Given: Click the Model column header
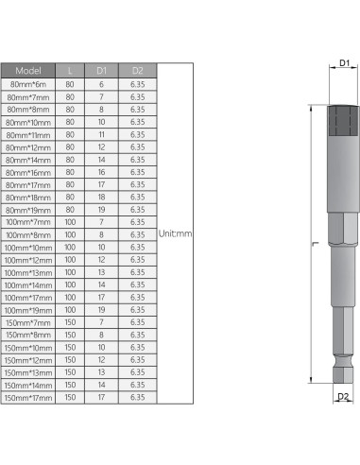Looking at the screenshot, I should [x=28, y=71].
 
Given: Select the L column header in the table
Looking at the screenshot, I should [x=70, y=71].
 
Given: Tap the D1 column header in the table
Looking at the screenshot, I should [x=102, y=71].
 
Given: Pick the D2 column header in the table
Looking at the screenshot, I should [x=136, y=71].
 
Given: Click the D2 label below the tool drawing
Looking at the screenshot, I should [x=344, y=398].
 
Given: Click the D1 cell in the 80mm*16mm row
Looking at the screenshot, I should [x=102, y=172].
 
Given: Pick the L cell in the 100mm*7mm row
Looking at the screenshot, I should [x=70, y=221].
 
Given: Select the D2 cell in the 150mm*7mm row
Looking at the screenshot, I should [x=136, y=321].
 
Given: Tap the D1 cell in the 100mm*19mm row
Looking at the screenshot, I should [x=102, y=309].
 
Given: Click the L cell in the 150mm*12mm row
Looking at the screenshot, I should [x=70, y=359].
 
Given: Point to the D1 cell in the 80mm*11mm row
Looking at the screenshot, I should [x=102, y=134].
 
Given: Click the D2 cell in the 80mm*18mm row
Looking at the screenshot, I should [x=136, y=197].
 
